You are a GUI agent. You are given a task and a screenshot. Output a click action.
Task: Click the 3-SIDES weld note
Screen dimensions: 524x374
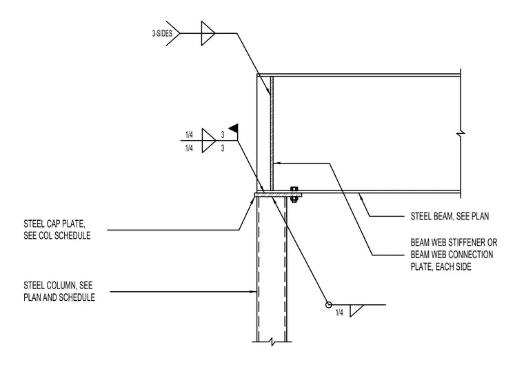tap(162, 33)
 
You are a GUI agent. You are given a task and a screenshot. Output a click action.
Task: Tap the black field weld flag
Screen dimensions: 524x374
tap(233, 128)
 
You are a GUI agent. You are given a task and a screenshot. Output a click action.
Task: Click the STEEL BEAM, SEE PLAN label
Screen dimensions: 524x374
tap(450, 217)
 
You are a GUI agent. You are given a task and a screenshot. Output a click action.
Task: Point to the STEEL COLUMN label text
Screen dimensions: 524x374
tap(59, 291)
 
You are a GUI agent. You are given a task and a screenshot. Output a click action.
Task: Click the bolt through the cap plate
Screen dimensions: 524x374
tap(294, 195)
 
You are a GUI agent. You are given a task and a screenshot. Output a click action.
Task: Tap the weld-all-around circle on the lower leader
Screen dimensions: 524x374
tap(328, 305)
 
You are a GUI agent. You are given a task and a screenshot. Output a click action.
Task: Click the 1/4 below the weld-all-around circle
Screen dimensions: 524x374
tap(339, 313)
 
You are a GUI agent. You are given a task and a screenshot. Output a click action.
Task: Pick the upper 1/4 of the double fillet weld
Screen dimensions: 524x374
tap(189, 135)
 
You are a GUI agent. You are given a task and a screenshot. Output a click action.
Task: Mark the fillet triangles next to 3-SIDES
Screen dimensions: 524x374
tap(208, 33)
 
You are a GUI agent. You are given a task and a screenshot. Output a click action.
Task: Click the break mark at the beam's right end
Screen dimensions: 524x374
tap(461, 134)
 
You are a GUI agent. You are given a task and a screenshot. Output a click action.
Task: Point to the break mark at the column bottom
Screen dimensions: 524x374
tap(272, 342)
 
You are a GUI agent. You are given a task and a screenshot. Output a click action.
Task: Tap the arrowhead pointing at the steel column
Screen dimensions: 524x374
tap(254, 292)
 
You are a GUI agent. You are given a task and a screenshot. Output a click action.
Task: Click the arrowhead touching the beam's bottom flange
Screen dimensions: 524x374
tap(361, 196)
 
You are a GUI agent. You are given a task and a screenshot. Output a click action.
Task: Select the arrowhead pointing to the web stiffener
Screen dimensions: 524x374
tap(276, 164)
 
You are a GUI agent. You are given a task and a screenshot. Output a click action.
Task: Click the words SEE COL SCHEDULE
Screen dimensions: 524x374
tap(57, 235)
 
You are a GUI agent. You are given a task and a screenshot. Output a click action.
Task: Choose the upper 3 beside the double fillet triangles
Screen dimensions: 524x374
tap(223, 135)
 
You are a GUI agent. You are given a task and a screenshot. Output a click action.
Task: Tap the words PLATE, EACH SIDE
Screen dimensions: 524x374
tap(441, 267)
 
